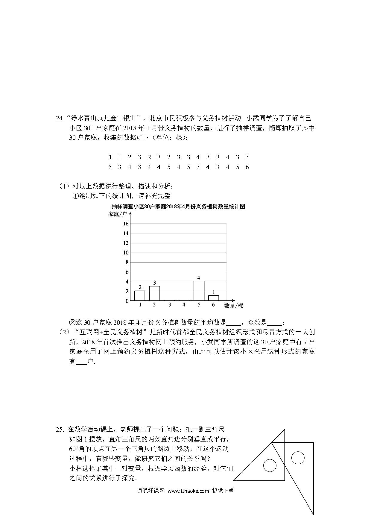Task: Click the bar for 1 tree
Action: (x=140, y=295)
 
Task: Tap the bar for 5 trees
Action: (x=199, y=291)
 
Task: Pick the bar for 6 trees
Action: (x=214, y=298)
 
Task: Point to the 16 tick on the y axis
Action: (x=126, y=224)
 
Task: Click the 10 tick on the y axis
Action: (x=126, y=253)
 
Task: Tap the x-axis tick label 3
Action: (x=169, y=305)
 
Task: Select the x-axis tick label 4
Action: (x=184, y=305)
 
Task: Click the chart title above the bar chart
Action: (x=178, y=207)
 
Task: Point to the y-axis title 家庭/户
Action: (x=118, y=214)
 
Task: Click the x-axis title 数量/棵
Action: (x=234, y=306)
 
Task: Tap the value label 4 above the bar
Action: (x=199, y=278)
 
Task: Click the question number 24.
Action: (x=60, y=118)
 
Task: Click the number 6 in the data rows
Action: (x=247, y=167)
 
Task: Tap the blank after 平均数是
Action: (x=233, y=323)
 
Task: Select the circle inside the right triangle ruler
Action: (x=298, y=458)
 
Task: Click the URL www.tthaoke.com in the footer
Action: (x=188, y=491)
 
